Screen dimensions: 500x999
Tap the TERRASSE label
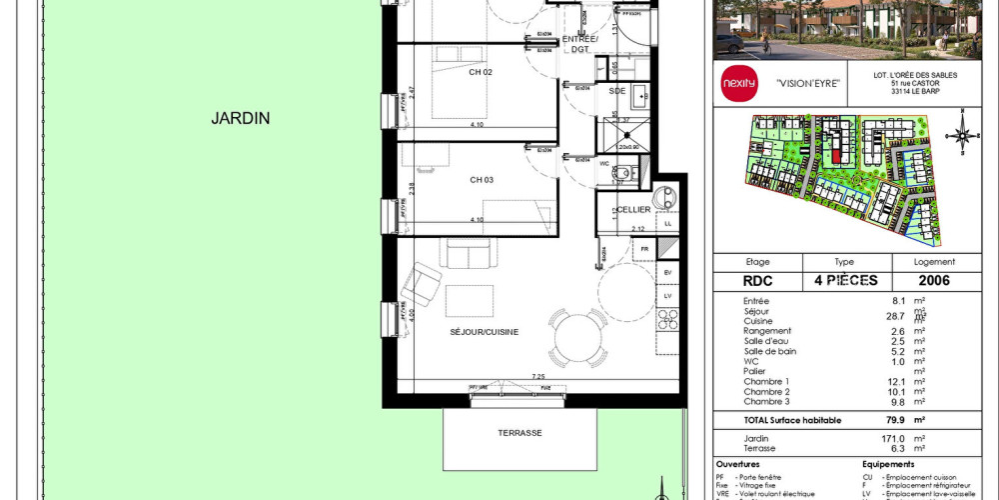click(x=520, y=433)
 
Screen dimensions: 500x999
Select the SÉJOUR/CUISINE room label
click(x=484, y=332)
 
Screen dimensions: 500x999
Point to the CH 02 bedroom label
click(x=453, y=73)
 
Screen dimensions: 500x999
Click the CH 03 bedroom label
click(x=453, y=180)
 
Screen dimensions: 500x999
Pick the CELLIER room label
click(x=633, y=210)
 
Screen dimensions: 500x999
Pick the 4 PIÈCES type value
click(x=843, y=282)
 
